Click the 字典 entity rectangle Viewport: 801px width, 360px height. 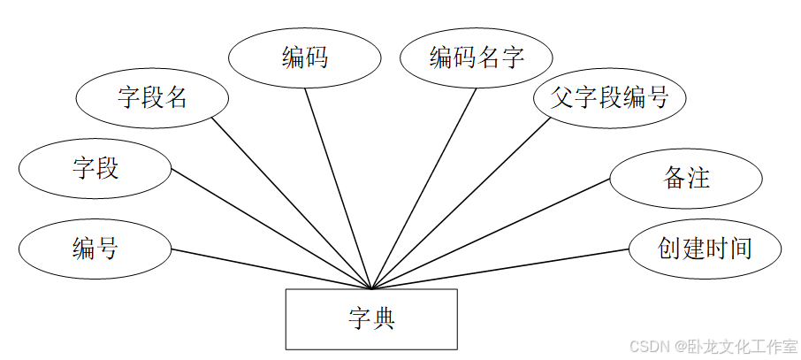tap(370, 318)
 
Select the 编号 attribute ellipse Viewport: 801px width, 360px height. tap(95, 249)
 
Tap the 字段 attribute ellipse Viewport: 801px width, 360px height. tap(95, 168)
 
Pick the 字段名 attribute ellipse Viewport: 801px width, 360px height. tap(152, 96)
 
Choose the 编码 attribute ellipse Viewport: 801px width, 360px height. tap(304, 58)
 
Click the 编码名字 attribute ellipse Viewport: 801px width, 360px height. tap(477, 58)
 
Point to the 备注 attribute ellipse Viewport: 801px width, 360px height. tap(686, 178)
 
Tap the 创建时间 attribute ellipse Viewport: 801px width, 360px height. tap(705, 249)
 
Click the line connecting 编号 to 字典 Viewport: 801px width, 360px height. tap(265, 268)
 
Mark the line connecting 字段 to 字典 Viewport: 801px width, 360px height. tap(265, 226)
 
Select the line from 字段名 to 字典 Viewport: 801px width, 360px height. tap(292, 203)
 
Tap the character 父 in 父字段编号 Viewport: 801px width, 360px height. tap(562, 96)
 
